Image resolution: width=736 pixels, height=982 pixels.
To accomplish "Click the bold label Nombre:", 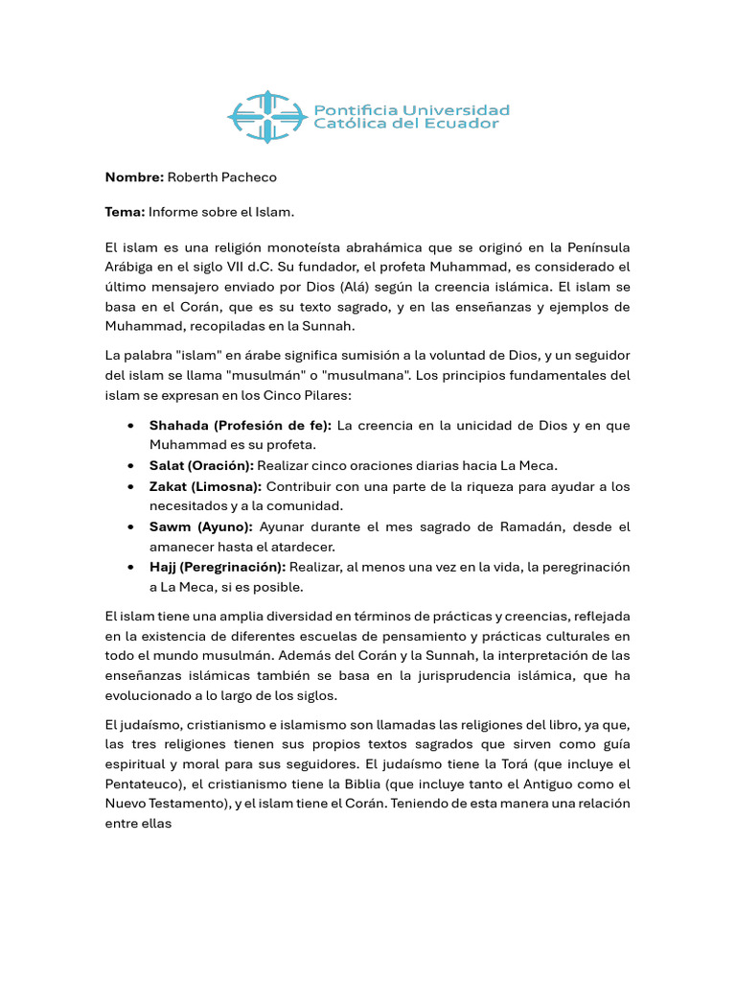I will tap(134, 177).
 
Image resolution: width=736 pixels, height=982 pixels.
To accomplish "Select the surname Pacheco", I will tap(249, 177).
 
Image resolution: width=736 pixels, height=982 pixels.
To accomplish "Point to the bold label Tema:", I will tap(125, 212).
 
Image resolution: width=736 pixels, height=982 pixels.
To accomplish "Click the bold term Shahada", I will tap(178, 425).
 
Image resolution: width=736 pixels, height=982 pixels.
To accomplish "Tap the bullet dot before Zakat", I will tap(129, 486).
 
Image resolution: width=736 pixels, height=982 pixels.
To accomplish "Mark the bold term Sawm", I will tap(171, 526).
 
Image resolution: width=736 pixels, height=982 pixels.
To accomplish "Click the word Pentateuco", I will tap(145, 783).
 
